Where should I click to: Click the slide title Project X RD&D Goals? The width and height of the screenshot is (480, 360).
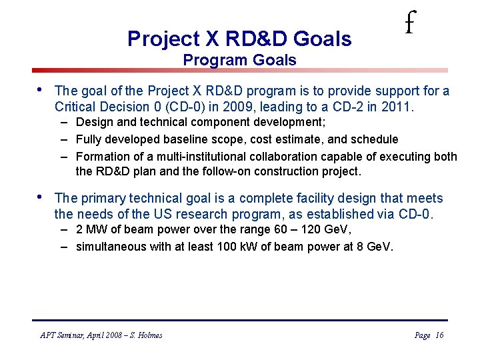[x=239, y=39]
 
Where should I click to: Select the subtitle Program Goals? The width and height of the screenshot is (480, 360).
[x=239, y=60]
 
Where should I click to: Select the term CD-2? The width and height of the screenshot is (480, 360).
[x=352, y=107]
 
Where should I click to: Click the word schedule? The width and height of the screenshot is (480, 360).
[x=375, y=139]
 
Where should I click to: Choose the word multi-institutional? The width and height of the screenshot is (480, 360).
[x=192, y=157]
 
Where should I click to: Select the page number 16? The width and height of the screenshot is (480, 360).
[x=439, y=335]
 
